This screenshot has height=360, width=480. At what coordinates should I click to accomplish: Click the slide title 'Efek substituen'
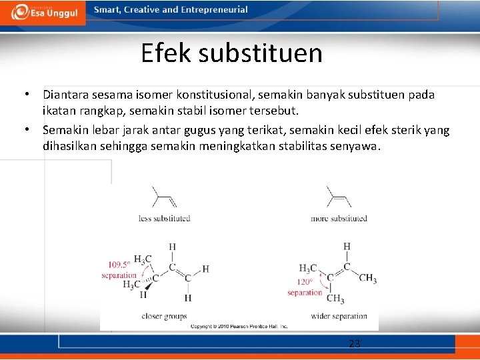231,53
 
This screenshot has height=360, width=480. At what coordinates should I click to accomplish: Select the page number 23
355,344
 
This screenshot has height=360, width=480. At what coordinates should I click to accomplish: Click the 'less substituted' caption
164,218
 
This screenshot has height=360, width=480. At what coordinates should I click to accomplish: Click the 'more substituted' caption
339,218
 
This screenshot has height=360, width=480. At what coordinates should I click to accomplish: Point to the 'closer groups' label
164,316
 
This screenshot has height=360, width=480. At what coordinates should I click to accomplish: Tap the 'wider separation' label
339,316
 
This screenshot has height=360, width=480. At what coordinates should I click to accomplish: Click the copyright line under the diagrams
239,326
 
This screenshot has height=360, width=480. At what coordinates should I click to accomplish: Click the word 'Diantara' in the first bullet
64,95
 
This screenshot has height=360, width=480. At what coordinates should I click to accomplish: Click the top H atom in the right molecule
347,247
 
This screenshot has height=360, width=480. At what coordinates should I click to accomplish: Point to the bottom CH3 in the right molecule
335,299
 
